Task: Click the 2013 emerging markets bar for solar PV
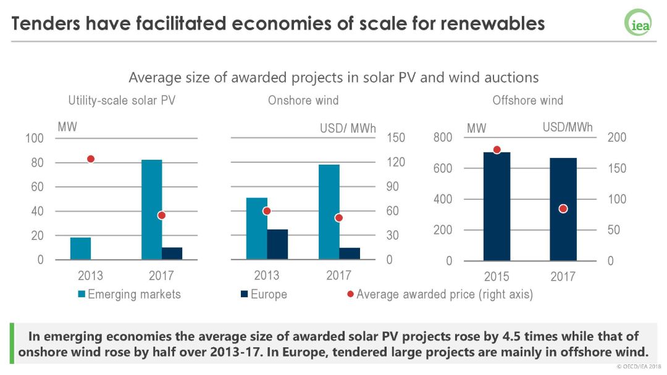[80, 249]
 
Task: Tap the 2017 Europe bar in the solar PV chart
[172, 253]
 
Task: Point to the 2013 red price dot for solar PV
[91, 159]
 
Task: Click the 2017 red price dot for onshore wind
[339, 218]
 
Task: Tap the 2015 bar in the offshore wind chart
[497, 206]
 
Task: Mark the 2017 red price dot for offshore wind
[563, 208]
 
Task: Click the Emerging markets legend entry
[129, 294]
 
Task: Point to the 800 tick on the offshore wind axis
[443, 138]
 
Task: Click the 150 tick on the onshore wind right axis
[396, 138]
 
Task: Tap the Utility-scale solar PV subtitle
[122, 100]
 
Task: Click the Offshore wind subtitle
[527, 100]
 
